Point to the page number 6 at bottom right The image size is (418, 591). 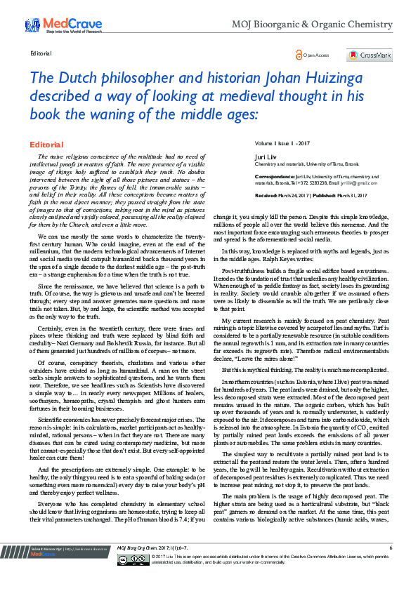click(x=391, y=566)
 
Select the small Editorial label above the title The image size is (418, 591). click(x=40, y=53)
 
